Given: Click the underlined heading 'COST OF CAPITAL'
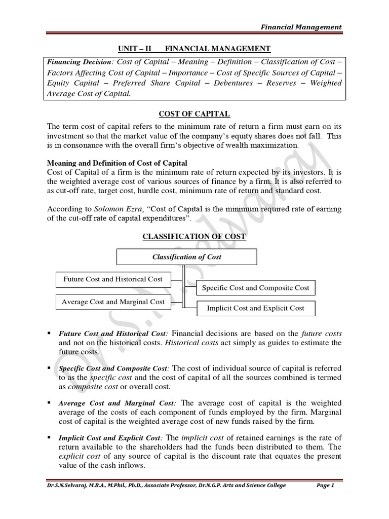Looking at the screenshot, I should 194,115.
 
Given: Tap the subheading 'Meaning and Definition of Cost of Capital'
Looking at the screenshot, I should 117,163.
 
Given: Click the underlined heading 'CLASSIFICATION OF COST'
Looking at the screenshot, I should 194,237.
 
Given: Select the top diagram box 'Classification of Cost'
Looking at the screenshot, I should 187,257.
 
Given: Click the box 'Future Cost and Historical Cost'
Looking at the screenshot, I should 112,279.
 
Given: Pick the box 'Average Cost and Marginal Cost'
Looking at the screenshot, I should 112,302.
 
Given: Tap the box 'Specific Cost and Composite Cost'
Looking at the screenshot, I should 255,288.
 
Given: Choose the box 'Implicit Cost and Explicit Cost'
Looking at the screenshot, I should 255,308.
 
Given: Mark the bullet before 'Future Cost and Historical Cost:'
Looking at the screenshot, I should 49,333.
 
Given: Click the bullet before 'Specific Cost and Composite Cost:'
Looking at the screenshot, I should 49,367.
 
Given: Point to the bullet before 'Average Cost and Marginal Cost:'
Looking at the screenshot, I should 49,402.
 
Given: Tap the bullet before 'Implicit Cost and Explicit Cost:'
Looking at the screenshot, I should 49,436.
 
